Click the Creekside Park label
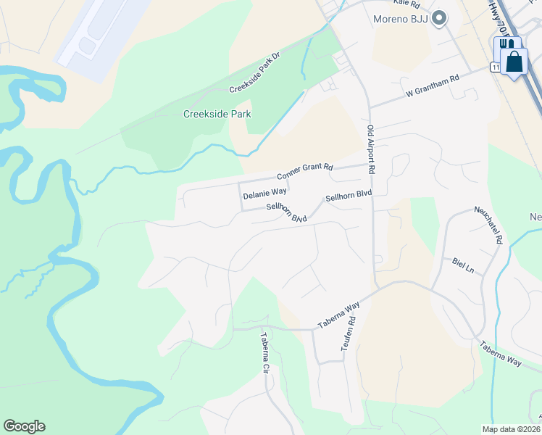(217, 114)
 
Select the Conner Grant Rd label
(304, 171)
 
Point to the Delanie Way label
(264, 195)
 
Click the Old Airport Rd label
(370, 149)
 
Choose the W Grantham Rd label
(433, 86)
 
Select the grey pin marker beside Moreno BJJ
(438, 19)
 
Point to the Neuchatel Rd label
(489, 224)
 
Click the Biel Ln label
(462, 265)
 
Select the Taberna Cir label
(265, 352)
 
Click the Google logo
(24, 426)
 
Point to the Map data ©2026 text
(510, 429)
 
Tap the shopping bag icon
(514, 61)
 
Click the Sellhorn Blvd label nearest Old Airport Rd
(349, 196)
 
